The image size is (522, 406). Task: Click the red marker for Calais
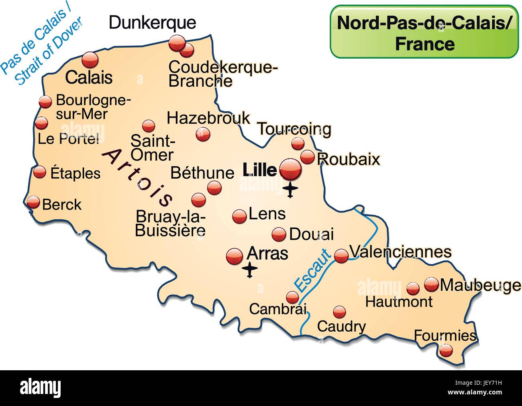point(90,60)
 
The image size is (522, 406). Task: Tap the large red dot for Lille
point(290,169)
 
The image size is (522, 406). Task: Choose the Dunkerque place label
point(153,22)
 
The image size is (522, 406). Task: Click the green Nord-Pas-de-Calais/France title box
point(424,32)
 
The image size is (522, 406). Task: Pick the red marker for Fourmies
point(446,351)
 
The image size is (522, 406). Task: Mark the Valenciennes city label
point(400,252)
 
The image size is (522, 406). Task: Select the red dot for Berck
point(33,202)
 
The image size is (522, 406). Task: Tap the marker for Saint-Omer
point(149,126)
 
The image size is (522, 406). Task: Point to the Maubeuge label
point(480,285)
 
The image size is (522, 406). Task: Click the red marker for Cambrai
point(292,297)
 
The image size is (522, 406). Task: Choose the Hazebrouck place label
point(208,118)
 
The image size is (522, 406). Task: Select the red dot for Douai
point(279,234)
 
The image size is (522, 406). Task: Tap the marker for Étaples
point(40,172)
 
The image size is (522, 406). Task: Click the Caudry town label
point(341,326)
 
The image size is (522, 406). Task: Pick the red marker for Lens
point(239,216)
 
